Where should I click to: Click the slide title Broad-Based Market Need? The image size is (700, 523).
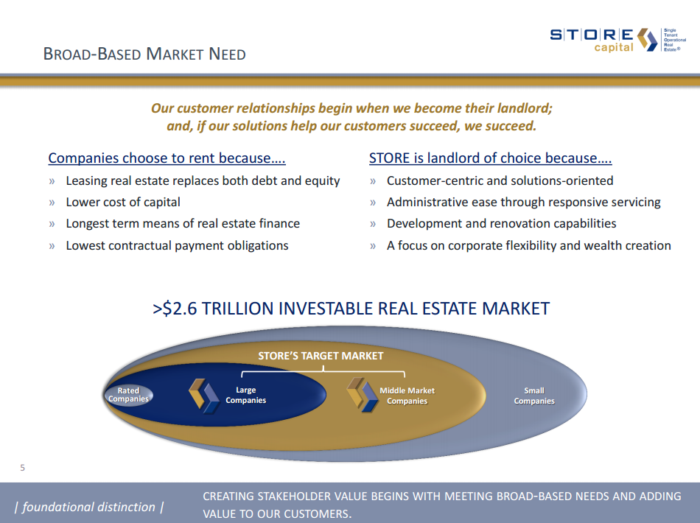[144, 54]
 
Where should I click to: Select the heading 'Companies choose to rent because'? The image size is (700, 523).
[167, 158]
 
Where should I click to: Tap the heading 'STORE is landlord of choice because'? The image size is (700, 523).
[490, 158]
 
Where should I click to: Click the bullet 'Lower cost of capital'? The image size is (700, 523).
[123, 202]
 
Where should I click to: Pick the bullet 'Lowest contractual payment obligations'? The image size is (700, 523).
[177, 245]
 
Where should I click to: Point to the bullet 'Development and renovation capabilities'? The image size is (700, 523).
[501, 223]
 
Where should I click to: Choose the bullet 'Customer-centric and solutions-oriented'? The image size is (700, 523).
[500, 180]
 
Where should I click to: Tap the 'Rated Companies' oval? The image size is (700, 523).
[128, 395]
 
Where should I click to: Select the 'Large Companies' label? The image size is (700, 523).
[246, 396]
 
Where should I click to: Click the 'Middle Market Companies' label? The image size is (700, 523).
[407, 396]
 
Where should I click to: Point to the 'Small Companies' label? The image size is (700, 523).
[534, 396]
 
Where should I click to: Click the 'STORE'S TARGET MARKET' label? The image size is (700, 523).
[321, 356]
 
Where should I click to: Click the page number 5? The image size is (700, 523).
[22, 467]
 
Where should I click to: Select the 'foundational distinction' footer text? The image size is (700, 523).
[88, 507]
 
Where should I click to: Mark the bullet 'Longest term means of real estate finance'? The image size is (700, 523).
[183, 223]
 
